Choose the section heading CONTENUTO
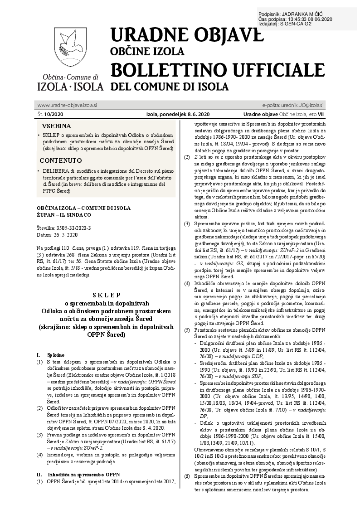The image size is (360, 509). tap(61, 160)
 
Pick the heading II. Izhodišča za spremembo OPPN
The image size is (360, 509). tap(77, 475)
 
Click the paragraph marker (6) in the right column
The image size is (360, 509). tap(186, 476)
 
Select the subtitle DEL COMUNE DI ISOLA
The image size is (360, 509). tap(170, 87)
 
